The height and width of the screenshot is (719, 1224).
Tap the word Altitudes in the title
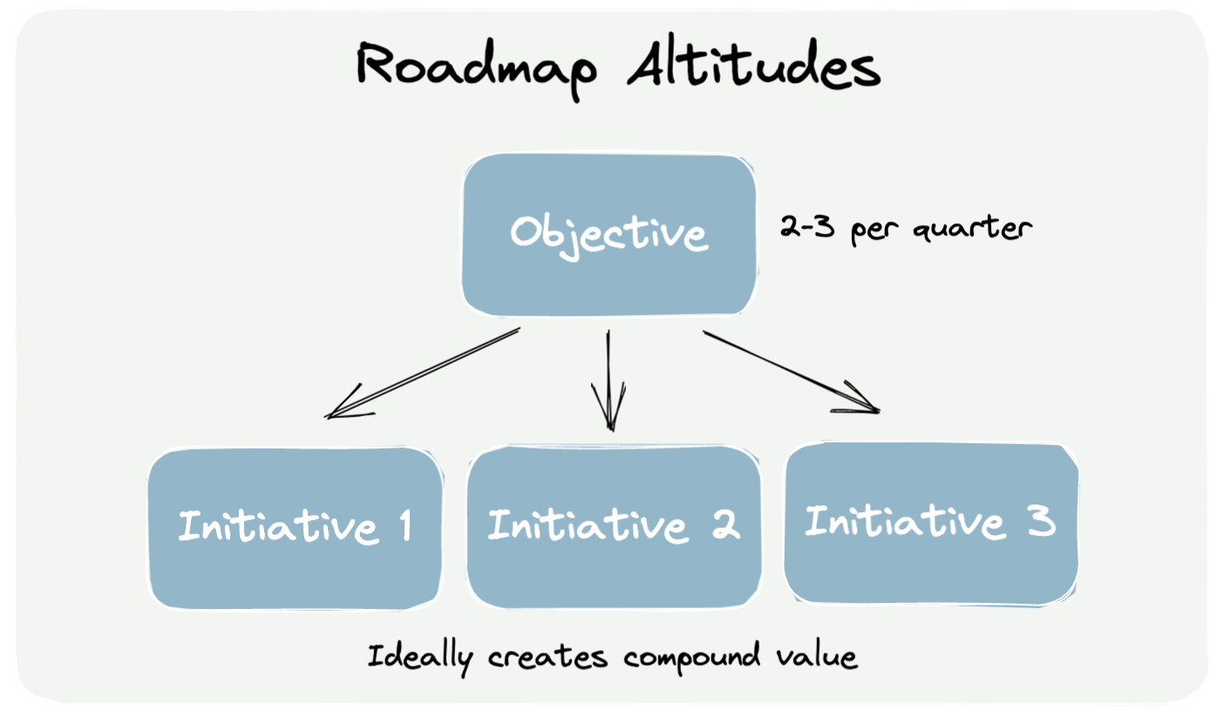752,67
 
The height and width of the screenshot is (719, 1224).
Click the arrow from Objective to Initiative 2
609,379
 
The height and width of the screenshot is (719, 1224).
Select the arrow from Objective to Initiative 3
789,371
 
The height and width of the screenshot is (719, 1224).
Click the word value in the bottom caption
823,655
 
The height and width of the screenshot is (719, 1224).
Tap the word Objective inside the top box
609,234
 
